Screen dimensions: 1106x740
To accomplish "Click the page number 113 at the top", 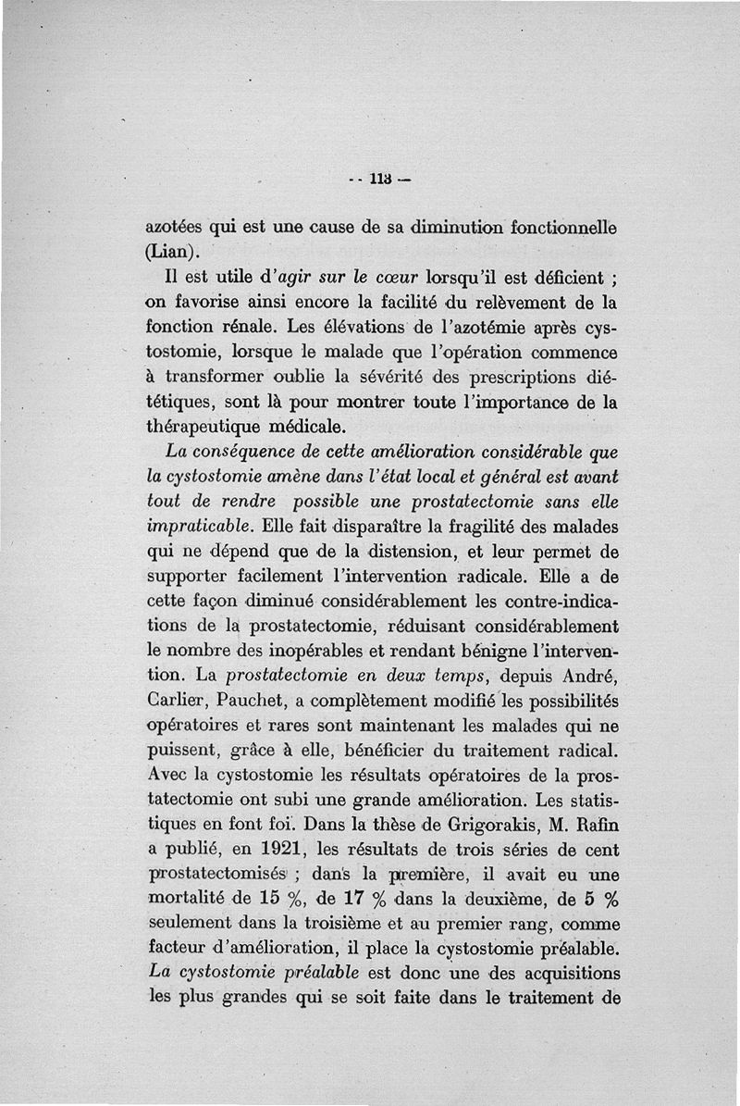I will [379, 179].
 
